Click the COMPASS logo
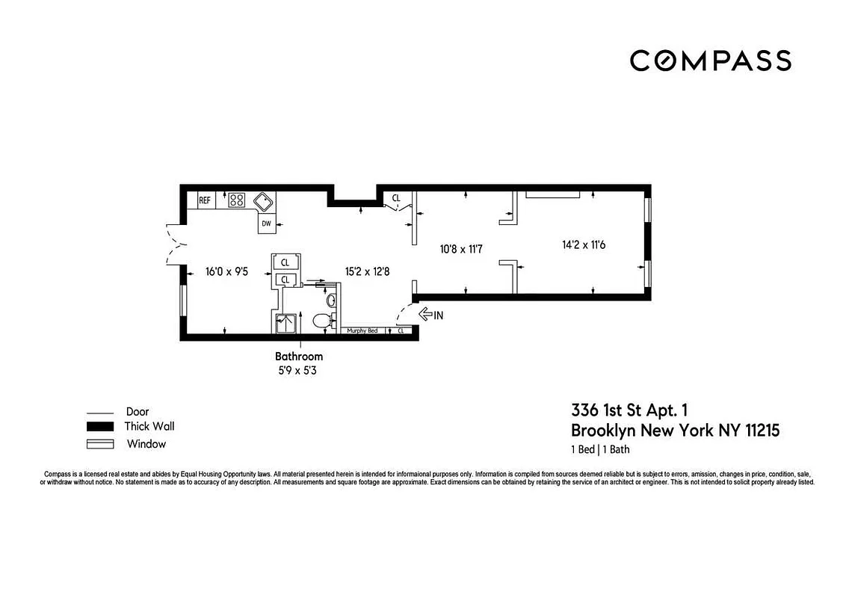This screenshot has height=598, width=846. coord(710,61)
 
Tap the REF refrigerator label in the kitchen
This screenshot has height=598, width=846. coord(205,200)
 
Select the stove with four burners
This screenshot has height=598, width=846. coord(237,200)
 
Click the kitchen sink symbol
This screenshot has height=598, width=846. coord(263,201)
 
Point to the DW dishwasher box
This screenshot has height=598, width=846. coord(266,223)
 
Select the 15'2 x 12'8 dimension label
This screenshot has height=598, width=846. coord(366,272)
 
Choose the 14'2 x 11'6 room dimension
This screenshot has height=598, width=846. coord(583,244)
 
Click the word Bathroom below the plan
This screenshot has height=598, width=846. coord(299,357)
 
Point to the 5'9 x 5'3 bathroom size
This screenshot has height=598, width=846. coord(299,369)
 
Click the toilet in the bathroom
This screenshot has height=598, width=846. coord(322,321)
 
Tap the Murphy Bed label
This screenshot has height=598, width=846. coord(362,330)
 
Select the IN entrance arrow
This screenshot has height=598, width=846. coord(430,315)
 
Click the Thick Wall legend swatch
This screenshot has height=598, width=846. coord(99,427)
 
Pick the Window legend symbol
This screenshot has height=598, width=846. coord(99,444)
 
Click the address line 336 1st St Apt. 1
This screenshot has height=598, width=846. coord(629,410)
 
